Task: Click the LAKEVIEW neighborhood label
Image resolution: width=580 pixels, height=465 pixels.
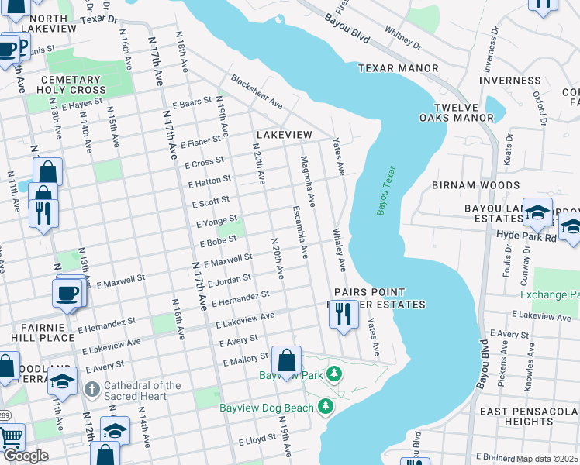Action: [x=283, y=135]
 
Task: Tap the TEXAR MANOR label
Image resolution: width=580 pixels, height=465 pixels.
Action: [x=398, y=69]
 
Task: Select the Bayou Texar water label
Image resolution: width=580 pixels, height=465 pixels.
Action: [x=385, y=191]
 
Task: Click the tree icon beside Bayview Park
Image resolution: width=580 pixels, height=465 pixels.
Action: [x=334, y=374]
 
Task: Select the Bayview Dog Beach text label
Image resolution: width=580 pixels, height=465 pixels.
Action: [x=266, y=408]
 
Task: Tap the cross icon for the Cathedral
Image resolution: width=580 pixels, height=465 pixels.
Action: [x=91, y=388]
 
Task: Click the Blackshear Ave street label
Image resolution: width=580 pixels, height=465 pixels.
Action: [x=256, y=92]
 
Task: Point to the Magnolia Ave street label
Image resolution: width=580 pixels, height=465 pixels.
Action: [x=307, y=181]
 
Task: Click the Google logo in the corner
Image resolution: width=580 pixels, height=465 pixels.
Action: [x=25, y=456]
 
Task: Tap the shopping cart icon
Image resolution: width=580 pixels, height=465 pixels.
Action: [x=10, y=438]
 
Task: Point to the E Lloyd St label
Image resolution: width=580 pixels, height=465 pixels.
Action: [x=256, y=440]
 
